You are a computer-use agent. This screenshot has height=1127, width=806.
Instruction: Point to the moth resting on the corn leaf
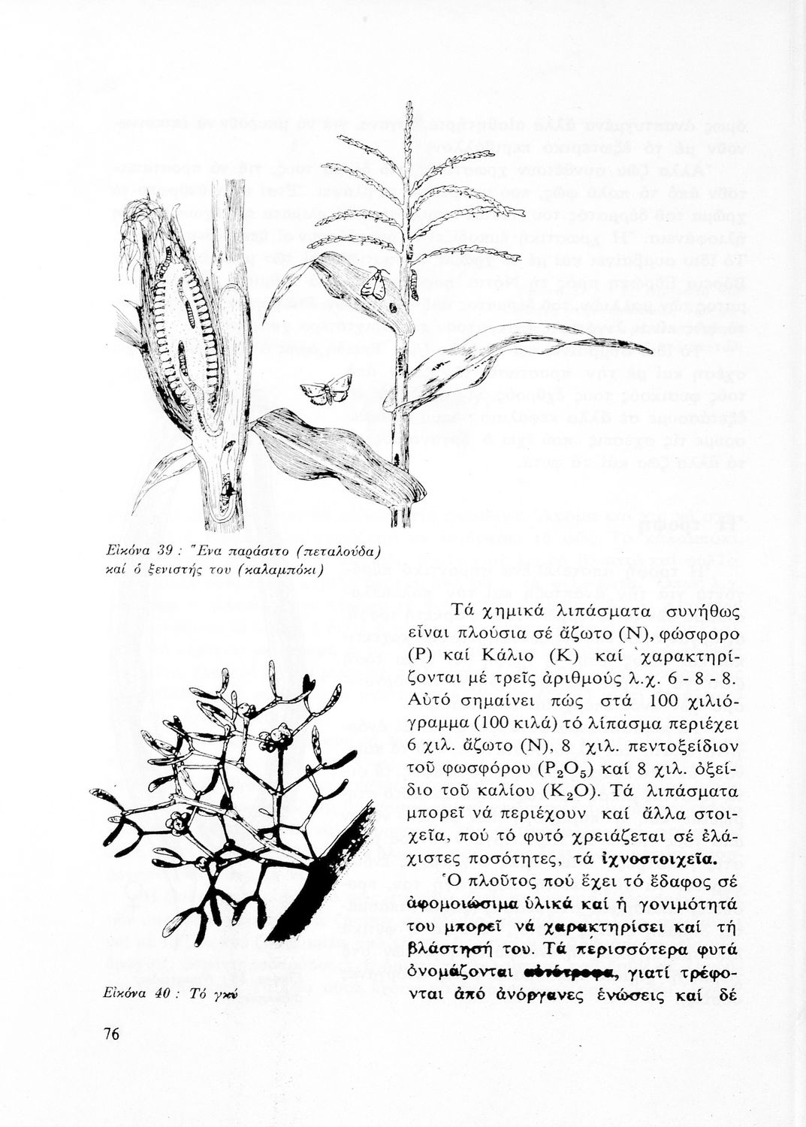[375, 282]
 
